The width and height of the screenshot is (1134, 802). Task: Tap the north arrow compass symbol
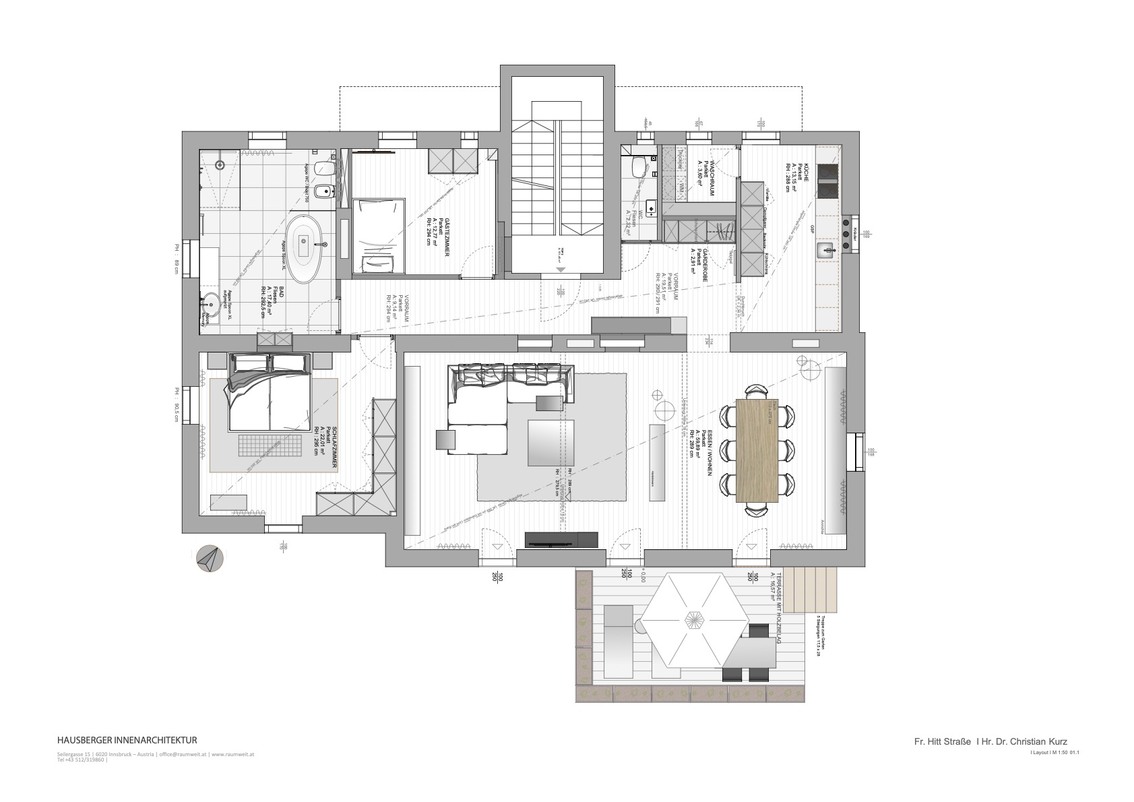coord(209,559)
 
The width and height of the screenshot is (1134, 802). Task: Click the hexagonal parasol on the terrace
coord(693,621)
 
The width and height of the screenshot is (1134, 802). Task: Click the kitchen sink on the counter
coord(826,251)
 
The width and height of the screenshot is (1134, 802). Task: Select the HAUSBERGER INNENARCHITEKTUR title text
coord(127,741)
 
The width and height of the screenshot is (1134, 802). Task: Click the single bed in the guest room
coord(380,235)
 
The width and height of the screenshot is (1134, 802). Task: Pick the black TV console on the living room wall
coord(561,538)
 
